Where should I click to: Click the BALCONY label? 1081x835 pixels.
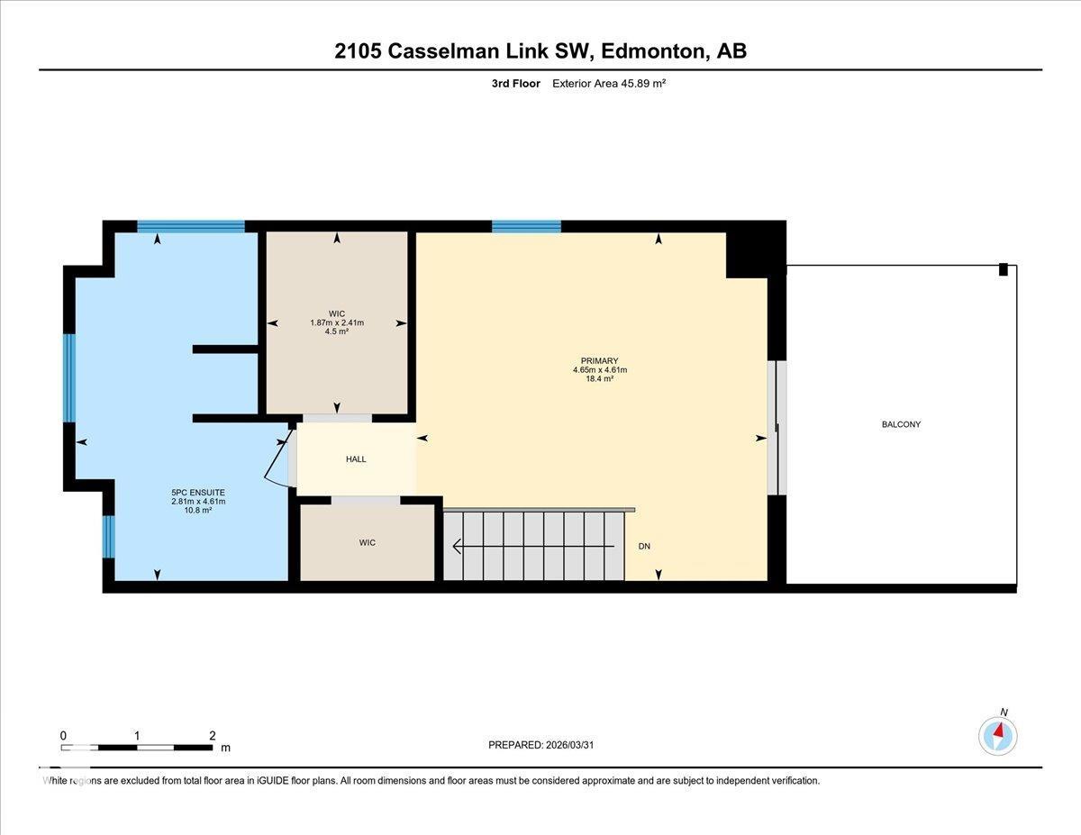pos(901,424)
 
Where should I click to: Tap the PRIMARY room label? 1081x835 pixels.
pos(599,360)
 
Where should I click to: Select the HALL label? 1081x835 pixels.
pos(356,459)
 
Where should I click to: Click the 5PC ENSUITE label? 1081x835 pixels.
pos(198,493)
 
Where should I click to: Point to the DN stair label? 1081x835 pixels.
pos(644,546)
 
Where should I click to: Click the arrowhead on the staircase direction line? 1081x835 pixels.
pos(458,546)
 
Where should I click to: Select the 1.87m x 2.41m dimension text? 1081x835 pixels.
pos(337,322)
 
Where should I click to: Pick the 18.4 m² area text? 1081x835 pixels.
pos(599,378)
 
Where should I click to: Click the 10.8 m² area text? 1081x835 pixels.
pos(198,510)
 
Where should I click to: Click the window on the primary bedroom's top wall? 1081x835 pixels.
pos(526,226)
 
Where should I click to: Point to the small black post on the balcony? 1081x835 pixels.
pos(1004,269)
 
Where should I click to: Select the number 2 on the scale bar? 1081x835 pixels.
pos(213,736)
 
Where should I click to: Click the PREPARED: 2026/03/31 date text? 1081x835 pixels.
pos(541,745)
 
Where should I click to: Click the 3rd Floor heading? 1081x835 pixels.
pos(516,84)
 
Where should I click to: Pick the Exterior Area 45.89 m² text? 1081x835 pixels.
pos(609,84)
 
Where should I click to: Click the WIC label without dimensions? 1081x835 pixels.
pos(368,542)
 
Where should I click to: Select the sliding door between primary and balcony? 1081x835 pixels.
pos(777,428)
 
